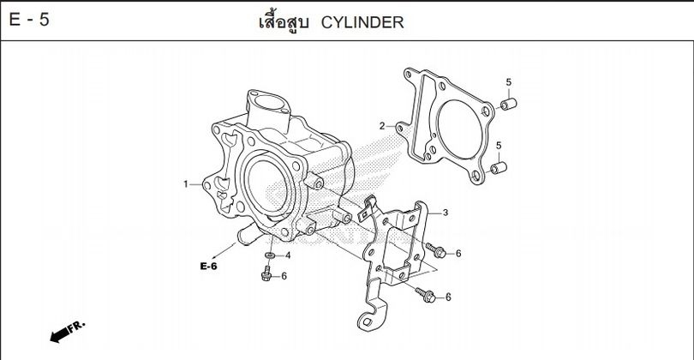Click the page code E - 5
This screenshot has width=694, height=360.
point(29,21)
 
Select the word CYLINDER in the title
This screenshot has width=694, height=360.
point(362,21)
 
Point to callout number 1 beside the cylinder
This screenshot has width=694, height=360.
point(185,183)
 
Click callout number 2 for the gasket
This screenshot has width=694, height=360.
point(382,126)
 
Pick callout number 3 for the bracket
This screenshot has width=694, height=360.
point(446,211)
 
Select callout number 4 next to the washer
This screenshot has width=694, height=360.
point(287,255)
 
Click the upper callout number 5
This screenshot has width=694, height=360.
point(508,82)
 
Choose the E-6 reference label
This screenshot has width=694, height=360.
point(209,267)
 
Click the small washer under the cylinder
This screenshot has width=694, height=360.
point(271,255)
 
